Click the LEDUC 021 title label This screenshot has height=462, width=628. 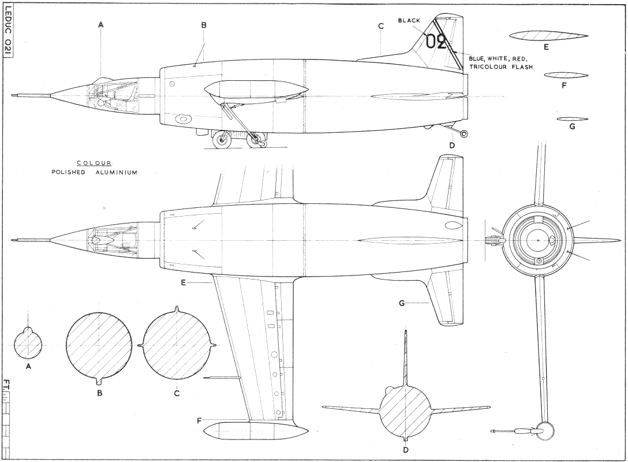tap(9, 32)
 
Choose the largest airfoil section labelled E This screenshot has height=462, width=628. tap(548, 36)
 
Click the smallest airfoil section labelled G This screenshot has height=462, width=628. tap(572, 119)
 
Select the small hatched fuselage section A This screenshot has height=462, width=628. tap(28, 344)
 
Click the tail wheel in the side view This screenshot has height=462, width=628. tap(463, 134)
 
